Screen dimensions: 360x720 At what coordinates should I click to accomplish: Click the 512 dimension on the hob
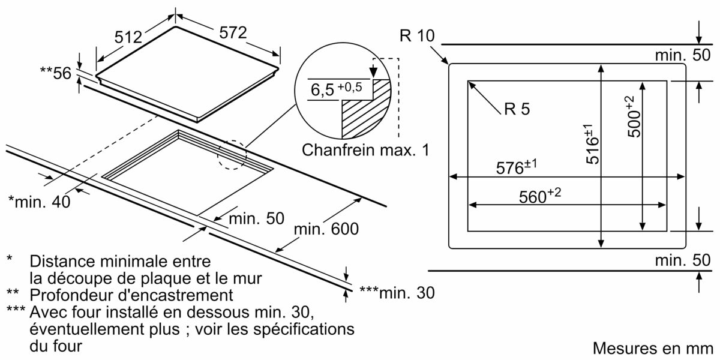[x=128, y=37]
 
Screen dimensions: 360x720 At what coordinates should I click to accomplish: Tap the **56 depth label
[x=55, y=73]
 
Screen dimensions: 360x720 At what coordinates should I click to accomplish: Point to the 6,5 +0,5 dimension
[x=336, y=90]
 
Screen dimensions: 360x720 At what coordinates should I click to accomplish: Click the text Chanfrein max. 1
[x=365, y=149]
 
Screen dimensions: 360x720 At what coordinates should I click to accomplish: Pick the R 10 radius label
[x=416, y=35]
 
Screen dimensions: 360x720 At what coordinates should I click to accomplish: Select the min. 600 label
[x=326, y=229]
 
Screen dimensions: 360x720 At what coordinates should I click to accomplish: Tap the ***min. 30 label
[x=396, y=292]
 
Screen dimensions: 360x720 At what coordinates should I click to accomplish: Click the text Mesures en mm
[x=652, y=349]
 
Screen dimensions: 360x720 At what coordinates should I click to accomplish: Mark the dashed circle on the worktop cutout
[x=232, y=155]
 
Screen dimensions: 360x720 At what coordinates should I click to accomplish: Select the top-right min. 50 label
[x=683, y=56]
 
